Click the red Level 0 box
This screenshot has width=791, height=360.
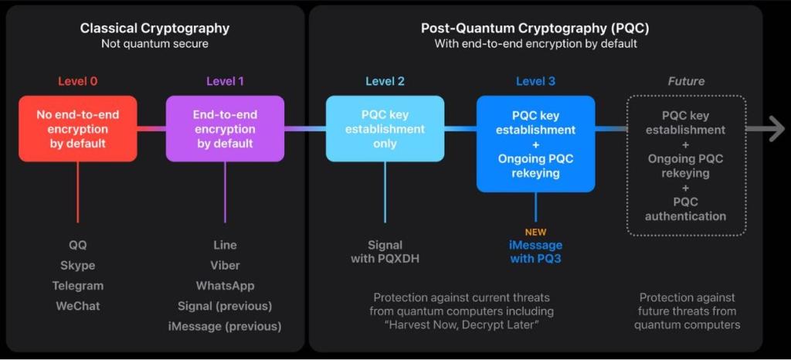coord(77,128)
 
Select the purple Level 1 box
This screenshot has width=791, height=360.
coord(225,128)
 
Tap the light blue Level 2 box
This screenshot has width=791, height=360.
coord(385,128)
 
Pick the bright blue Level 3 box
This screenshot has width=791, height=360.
coord(535,144)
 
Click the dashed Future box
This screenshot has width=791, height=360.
coord(686,165)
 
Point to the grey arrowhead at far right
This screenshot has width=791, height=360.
coord(776,129)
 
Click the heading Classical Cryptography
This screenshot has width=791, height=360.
coord(154,29)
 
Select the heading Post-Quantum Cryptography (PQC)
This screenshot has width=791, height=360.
coord(535,29)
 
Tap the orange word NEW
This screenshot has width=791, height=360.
coord(535,232)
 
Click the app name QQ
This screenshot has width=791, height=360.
coord(77,245)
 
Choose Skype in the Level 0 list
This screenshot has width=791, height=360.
coord(77,265)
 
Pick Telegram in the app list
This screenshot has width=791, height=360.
coord(77,286)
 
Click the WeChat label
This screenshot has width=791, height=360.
coord(77,306)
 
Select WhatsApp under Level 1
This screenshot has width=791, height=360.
coord(225,286)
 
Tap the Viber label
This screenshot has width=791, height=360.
coord(225,265)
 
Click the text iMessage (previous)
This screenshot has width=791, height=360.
coord(225,326)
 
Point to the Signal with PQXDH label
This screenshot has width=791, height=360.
coord(385,252)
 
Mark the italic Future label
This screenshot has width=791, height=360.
coord(686,81)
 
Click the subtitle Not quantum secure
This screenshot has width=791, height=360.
coord(154,44)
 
